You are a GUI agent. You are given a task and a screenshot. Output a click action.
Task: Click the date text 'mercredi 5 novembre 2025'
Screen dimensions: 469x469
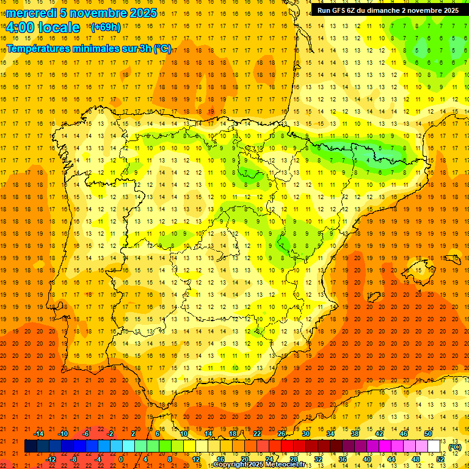(x=82, y=13)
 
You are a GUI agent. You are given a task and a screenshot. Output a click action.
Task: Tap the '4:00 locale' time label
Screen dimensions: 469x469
(x=43, y=27)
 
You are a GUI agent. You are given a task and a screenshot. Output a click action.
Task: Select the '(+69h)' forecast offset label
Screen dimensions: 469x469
(x=106, y=27)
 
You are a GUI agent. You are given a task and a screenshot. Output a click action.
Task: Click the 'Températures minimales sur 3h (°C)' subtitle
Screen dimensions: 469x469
(x=89, y=49)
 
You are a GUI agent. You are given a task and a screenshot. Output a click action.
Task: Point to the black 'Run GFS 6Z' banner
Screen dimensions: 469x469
(x=388, y=10)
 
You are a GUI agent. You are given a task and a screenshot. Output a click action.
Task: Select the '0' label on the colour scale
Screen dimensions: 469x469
(x=121, y=459)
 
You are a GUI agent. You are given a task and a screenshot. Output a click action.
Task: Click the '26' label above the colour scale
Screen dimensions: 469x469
(x=282, y=434)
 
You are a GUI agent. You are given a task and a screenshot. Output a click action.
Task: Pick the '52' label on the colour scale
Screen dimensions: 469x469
(x=440, y=459)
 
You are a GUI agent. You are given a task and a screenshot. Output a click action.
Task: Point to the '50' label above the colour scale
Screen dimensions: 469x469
(x=428, y=434)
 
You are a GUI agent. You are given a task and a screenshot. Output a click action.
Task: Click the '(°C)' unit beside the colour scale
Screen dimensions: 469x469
(x=455, y=447)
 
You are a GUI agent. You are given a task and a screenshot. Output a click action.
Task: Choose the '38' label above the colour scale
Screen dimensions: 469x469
(x=355, y=434)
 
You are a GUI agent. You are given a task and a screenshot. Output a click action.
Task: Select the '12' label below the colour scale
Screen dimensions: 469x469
(x=196, y=459)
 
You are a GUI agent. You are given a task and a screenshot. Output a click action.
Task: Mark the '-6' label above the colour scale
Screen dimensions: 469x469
(x=86, y=434)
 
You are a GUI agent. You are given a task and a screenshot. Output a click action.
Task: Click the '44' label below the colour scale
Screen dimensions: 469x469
(x=391, y=459)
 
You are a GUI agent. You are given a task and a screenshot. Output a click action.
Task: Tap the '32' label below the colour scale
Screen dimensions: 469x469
(x=318, y=459)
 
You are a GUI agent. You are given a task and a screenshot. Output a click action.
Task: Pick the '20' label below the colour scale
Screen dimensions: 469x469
(x=245, y=459)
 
